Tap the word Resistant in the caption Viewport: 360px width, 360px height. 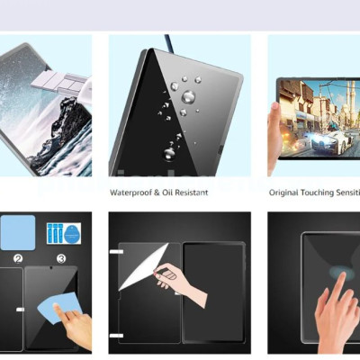[192, 193]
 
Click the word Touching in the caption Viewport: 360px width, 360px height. [323, 193]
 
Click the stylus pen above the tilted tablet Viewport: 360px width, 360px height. [167, 43]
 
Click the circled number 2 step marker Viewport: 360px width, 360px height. [16, 258]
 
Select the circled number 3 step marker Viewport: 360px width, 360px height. [60, 258]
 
